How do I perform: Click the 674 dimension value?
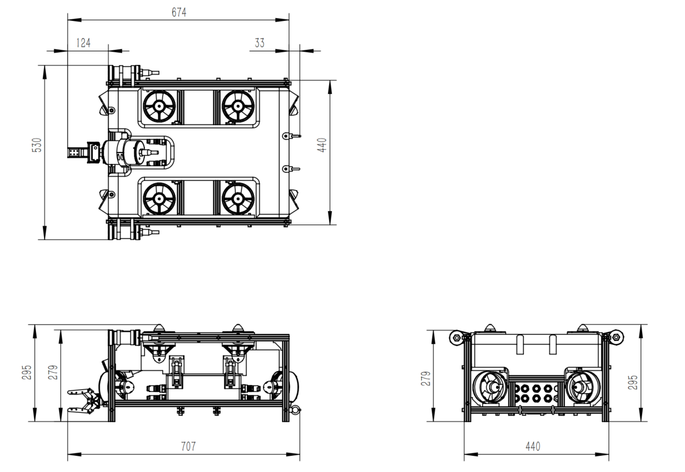pyautogui.click(x=178, y=13)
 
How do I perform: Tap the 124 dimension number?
pyautogui.click(x=83, y=43)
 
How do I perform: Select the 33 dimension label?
pyautogui.click(x=260, y=43)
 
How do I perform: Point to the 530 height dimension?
pyautogui.click(x=38, y=145)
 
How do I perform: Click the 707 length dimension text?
pyautogui.click(x=188, y=446)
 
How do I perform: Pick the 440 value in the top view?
pyautogui.click(x=322, y=145)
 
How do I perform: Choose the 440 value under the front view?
pyautogui.click(x=533, y=446)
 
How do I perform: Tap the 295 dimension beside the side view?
pyautogui.click(x=27, y=372)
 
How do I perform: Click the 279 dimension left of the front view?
pyautogui.click(x=427, y=379)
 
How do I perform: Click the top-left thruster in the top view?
pyautogui.click(x=159, y=106)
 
